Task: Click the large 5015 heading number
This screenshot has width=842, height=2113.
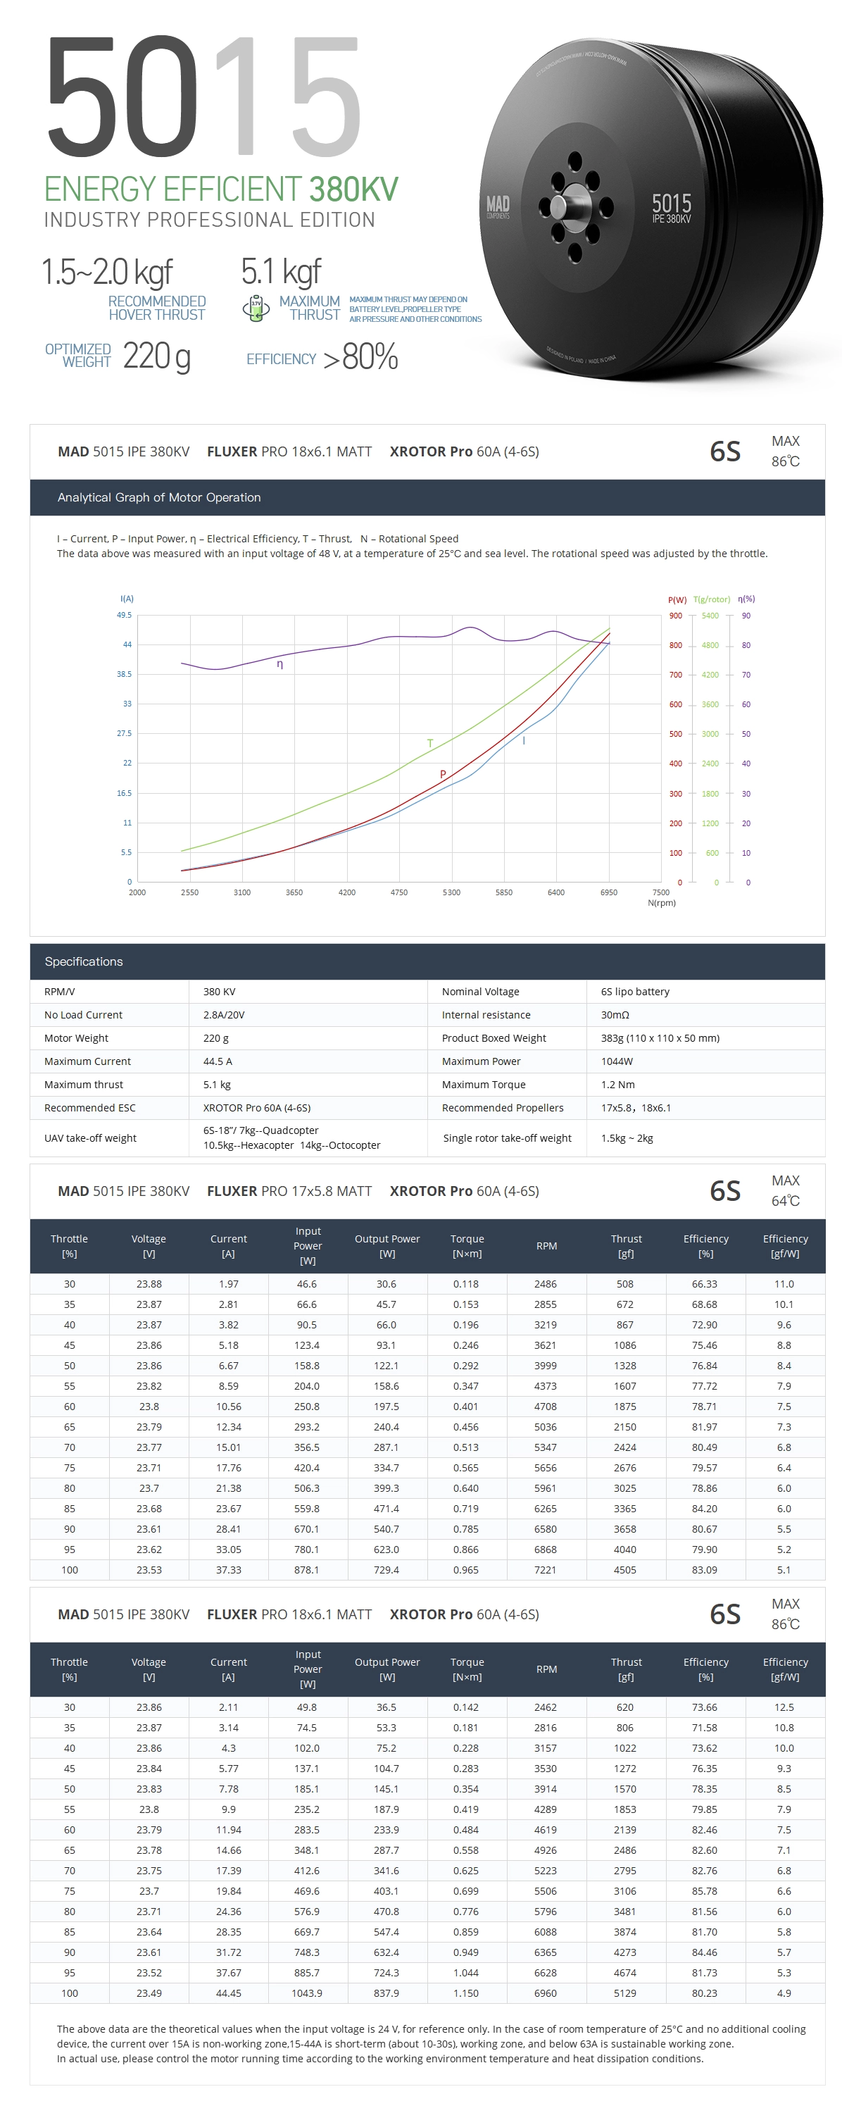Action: coord(203,96)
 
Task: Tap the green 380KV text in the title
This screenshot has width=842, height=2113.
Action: coord(353,189)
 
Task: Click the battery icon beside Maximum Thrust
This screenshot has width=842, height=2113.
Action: coord(256,308)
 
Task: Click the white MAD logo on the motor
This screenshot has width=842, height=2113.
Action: coord(498,205)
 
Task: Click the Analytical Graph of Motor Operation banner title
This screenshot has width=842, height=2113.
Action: coord(159,497)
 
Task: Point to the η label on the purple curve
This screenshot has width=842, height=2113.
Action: coord(280,663)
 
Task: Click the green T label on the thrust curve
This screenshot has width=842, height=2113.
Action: coord(429,743)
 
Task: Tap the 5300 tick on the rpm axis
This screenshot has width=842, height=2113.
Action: coord(451,892)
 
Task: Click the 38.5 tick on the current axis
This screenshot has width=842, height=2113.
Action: coord(124,674)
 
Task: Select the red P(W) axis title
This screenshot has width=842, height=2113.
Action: coord(677,599)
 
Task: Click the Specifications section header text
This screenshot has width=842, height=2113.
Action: coord(84,961)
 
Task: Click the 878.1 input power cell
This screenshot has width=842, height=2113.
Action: coord(307,1569)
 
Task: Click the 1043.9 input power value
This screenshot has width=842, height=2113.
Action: coord(307,1993)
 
